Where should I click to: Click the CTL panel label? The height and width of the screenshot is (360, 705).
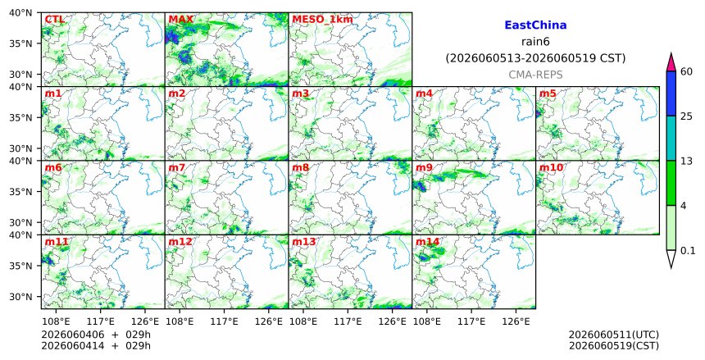(x=54, y=20)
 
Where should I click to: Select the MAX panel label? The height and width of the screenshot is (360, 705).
(x=180, y=20)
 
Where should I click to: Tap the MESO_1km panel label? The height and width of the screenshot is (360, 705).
(x=322, y=20)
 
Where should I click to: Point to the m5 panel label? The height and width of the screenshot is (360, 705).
(x=548, y=93)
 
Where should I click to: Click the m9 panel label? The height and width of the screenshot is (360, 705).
(x=424, y=168)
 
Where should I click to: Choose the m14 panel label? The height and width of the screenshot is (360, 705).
(x=427, y=242)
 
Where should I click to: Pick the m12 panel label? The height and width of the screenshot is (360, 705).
(x=180, y=242)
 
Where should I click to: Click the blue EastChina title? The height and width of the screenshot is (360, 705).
(x=535, y=25)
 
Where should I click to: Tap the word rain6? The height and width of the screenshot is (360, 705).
(x=535, y=42)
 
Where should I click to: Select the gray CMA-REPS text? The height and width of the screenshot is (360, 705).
(x=535, y=75)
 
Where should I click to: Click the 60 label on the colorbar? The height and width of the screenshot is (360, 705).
(x=686, y=71)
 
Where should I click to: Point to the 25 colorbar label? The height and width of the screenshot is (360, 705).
(x=686, y=116)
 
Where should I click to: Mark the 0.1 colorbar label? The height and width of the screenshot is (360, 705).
(x=688, y=251)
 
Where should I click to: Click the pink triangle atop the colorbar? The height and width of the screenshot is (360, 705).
(x=671, y=62)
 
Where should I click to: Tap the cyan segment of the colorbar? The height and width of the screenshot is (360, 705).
(x=671, y=139)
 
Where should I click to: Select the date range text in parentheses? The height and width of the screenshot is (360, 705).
(x=535, y=58)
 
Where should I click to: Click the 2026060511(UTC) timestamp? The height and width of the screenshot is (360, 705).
(x=614, y=335)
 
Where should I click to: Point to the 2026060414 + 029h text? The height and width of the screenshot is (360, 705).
(x=96, y=345)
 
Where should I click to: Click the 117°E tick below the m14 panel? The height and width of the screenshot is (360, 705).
(x=471, y=322)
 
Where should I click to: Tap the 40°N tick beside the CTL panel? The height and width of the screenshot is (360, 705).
(x=20, y=13)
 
